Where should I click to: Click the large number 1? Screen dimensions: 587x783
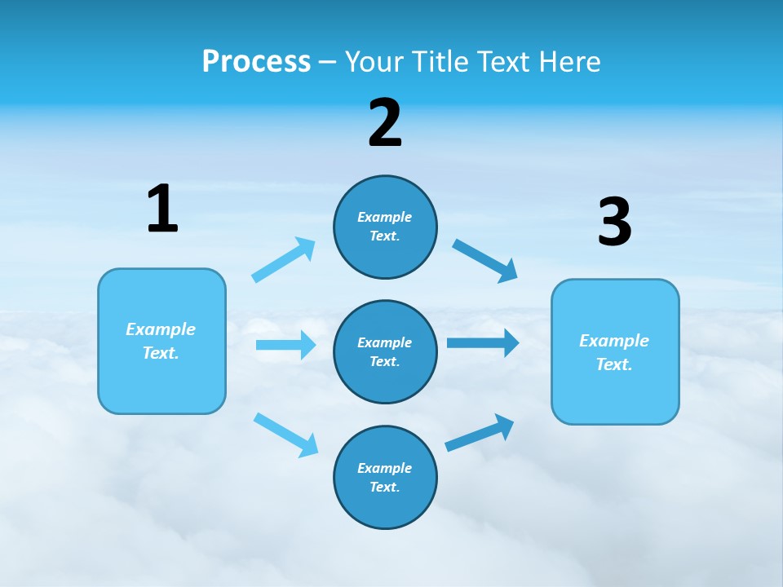162,210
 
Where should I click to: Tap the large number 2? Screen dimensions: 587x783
385,123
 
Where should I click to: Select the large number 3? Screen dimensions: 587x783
614,223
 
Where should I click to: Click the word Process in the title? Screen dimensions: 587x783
256,61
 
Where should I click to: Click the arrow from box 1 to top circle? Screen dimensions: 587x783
284,260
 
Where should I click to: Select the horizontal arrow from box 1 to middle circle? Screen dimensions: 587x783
285,345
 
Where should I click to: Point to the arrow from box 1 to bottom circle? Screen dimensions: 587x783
285,435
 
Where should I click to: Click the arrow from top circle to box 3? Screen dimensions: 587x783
485,260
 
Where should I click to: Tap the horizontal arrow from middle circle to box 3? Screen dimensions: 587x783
483,342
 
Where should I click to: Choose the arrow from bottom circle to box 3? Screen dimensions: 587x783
480,433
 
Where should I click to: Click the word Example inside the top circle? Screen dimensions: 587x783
385,217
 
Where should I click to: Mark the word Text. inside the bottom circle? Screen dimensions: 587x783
385,487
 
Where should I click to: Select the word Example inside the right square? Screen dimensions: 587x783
614,341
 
